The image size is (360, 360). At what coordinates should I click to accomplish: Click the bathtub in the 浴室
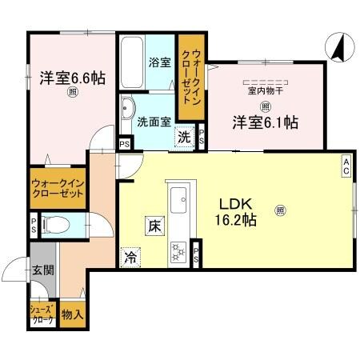(130, 63)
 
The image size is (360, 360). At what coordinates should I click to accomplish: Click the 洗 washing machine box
(185, 137)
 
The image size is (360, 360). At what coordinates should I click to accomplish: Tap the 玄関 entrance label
(43, 270)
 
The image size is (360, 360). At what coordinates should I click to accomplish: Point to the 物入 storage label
(71, 314)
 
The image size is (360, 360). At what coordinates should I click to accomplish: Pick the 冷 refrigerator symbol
(130, 258)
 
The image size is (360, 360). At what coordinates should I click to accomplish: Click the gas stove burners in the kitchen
(178, 251)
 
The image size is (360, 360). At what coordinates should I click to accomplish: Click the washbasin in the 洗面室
(127, 109)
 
